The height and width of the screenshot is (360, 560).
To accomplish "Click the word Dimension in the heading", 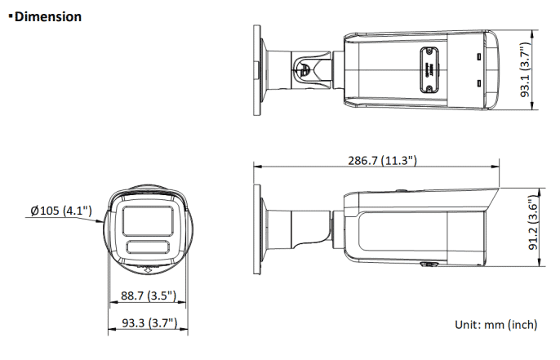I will [48, 16].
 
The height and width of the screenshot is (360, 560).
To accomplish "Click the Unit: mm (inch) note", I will [496, 324].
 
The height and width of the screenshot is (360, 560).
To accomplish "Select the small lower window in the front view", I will [148, 248].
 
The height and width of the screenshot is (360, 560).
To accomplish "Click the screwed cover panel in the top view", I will [427, 69].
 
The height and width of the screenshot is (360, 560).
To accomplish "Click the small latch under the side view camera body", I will [427, 265].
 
